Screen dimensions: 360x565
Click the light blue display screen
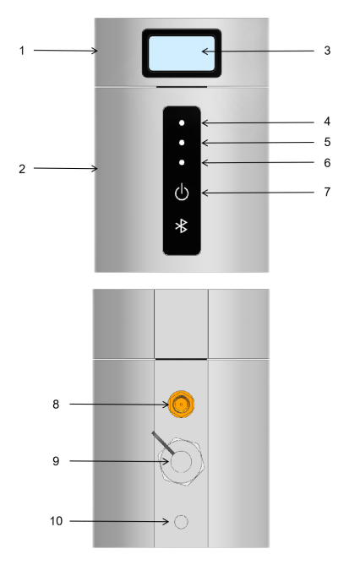click(x=182, y=53)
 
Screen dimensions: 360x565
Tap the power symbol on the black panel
click(x=182, y=192)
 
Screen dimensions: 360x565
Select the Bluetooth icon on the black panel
click(x=181, y=226)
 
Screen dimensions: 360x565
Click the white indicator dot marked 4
click(x=182, y=122)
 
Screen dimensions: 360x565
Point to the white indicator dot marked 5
click(x=182, y=143)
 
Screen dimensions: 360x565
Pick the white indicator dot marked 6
click(x=182, y=162)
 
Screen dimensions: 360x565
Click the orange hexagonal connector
click(x=181, y=405)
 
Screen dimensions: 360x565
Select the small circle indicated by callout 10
click(x=181, y=522)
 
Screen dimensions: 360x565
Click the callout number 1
click(x=22, y=51)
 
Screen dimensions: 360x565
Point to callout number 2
click(x=22, y=169)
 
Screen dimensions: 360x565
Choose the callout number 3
click(x=327, y=51)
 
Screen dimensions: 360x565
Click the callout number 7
click(x=327, y=192)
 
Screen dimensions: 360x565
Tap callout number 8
click(x=56, y=405)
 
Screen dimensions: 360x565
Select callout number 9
click(x=56, y=461)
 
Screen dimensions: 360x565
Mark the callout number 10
click(x=56, y=521)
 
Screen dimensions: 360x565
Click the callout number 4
click(x=327, y=122)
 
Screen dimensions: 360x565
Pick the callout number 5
click(x=327, y=142)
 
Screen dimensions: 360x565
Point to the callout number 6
click(x=327, y=163)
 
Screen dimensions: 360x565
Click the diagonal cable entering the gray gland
click(x=163, y=443)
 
